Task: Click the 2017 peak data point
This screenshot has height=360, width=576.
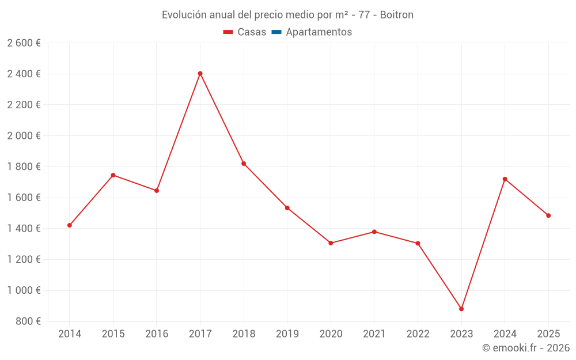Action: pos(200,73)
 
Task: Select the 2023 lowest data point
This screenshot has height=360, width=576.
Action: pos(461,309)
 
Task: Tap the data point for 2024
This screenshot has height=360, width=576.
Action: pos(505,179)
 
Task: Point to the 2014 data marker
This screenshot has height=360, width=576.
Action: pos(70,225)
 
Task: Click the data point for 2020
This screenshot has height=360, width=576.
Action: pos(331,243)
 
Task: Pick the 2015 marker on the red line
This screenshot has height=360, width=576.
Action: pos(113,175)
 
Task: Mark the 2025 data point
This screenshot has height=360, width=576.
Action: pos(548,215)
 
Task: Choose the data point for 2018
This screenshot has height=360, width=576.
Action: pos(244,164)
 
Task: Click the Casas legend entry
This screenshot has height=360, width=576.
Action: pos(245,32)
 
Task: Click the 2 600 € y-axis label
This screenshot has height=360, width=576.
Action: pos(24,43)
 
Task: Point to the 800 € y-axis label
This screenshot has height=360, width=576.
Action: pos(27,321)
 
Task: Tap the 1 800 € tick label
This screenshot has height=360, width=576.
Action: pos(24,166)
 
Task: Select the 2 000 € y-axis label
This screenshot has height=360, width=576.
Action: pos(24,136)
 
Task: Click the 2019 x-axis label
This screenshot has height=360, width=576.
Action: pos(287,334)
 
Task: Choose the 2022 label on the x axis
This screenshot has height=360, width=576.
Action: pos(418,334)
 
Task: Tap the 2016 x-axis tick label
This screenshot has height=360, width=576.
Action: pos(157,334)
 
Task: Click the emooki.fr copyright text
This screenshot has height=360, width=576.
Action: pos(526,348)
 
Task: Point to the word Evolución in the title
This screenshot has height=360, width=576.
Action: pos(184,15)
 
